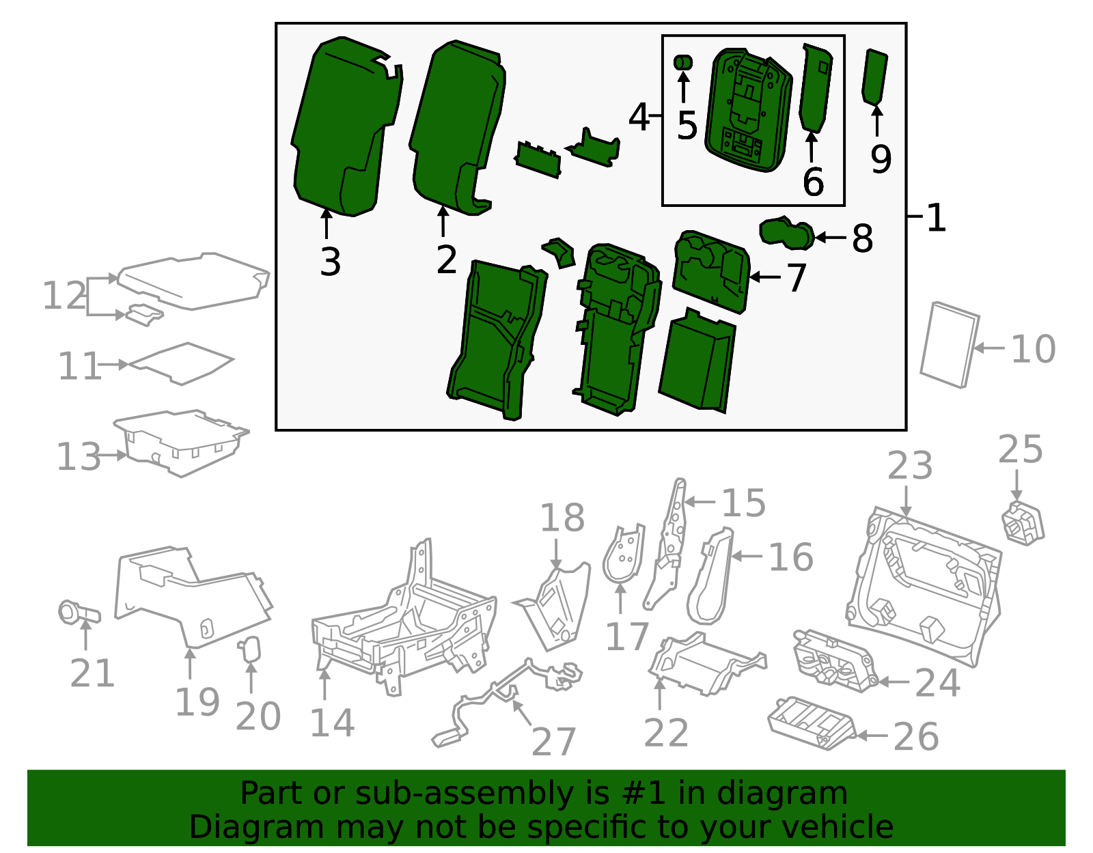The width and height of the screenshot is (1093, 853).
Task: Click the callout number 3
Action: tap(330, 262)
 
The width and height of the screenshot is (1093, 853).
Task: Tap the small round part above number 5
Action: tap(682, 63)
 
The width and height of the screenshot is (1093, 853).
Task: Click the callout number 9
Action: tap(881, 159)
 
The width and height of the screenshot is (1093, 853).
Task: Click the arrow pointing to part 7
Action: tap(764, 277)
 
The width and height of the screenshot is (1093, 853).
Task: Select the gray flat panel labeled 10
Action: tap(950, 345)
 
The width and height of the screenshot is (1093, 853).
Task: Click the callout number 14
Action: tap(332, 723)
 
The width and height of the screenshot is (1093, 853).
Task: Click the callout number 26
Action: tap(915, 737)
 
